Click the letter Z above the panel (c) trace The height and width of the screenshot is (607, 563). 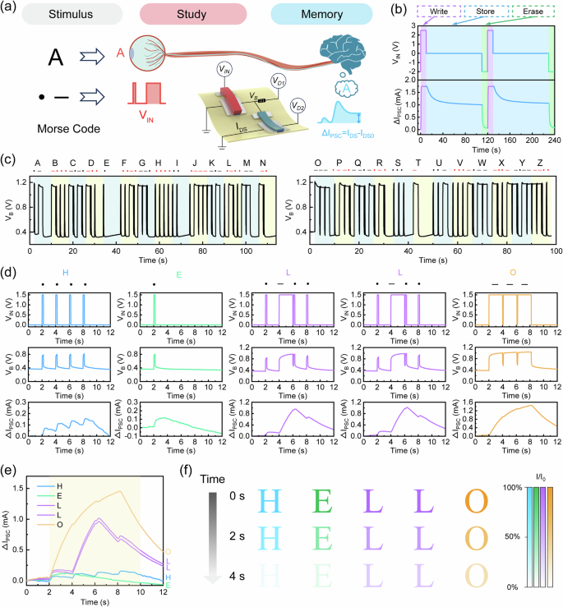539,163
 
